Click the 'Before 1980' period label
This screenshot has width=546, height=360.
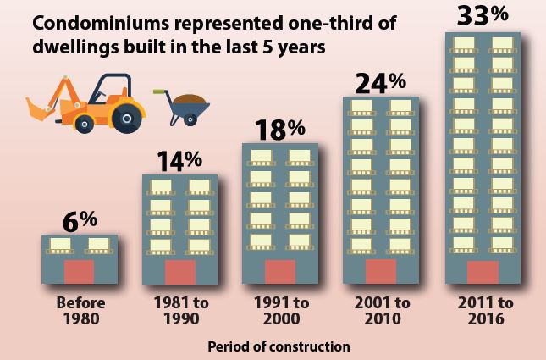[x=80, y=311]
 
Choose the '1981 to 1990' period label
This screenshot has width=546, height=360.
[x=180, y=311]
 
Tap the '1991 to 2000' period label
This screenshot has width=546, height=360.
[x=280, y=311]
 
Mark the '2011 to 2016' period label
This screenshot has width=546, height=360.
[x=483, y=311]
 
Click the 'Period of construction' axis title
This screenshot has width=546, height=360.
[x=279, y=346]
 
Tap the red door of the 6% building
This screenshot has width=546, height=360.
[x=80, y=272]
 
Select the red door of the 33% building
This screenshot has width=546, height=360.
[x=483, y=272]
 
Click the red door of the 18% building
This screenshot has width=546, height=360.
[x=280, y=272]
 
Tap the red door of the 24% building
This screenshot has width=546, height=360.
[x=380, y=272]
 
